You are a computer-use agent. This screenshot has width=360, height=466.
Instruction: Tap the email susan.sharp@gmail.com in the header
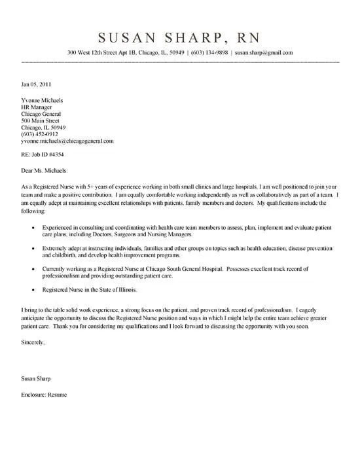[x=263, y=52]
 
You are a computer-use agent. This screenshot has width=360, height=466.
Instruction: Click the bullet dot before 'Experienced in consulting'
[x=34, y=226]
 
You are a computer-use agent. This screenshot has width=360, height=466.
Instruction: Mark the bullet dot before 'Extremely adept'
[x=34, y=249]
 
